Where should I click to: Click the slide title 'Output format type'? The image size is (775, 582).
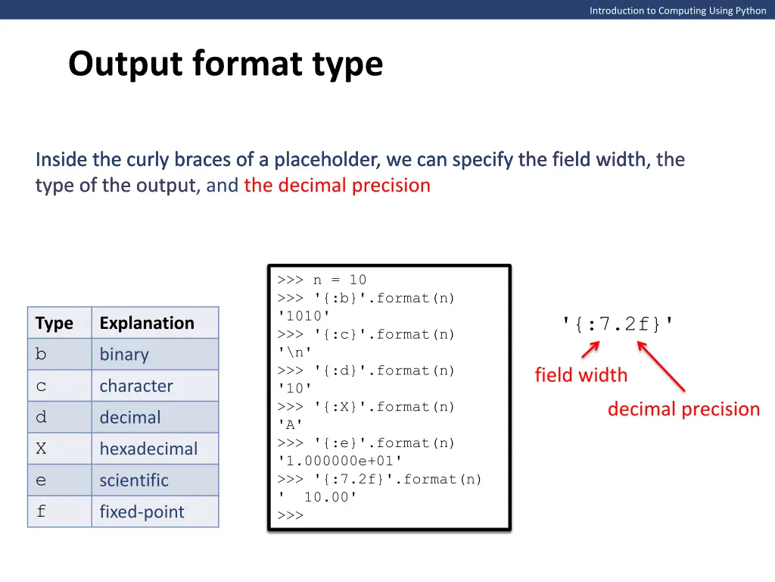(226, 64)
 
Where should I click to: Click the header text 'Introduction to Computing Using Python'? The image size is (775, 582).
(677, 11)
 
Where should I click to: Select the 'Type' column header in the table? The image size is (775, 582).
(54, 324)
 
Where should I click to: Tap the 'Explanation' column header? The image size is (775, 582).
(147, 324)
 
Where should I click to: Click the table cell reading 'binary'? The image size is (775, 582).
(124, 355)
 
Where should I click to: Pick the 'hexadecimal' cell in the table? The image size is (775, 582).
(148, 449)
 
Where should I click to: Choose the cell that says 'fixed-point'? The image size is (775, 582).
(142, 512)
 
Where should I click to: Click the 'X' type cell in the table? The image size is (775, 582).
(41, 449)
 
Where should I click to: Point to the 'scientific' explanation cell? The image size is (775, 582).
(134, 480)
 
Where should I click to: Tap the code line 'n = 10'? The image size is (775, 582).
(322, 280)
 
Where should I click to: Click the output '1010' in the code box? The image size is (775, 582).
(303, 316)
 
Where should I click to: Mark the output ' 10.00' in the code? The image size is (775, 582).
(317, 497)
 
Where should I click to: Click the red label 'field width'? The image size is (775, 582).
(580, 375)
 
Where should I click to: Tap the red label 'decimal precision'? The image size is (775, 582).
(683, 409)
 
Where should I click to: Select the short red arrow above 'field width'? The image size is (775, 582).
(590, 349)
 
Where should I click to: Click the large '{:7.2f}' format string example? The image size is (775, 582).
(618, 324)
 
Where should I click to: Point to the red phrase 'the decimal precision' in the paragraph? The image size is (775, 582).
(337, 186)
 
